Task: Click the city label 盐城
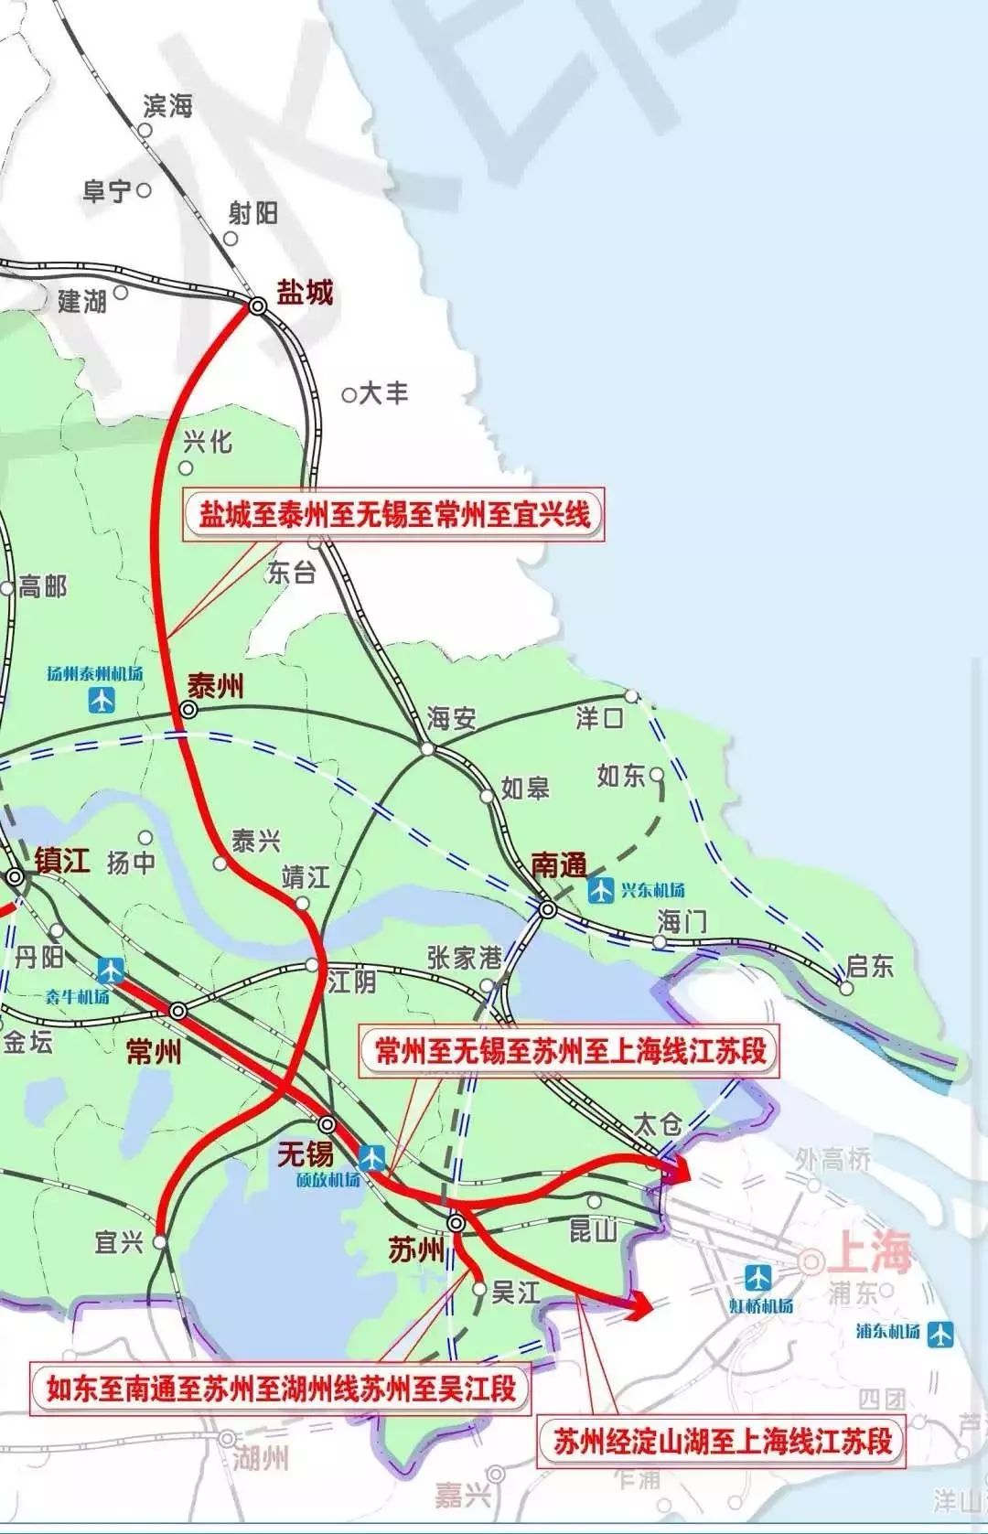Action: point(305,293)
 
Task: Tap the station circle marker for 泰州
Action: point(189,709)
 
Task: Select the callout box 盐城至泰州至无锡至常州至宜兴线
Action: point(395,515)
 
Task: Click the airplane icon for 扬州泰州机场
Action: point(102,700)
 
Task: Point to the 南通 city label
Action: point(558,864)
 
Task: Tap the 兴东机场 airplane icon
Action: point(601,889)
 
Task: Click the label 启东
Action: point(869,966)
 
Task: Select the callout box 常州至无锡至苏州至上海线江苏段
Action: point(570,1050)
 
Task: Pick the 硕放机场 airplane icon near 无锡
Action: point(372,1157)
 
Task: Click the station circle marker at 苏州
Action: point(456,1223)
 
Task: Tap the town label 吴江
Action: point(516,1292)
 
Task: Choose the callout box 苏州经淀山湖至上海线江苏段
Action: point(722,1443)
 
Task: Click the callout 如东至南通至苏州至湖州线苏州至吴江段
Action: point(281,1389)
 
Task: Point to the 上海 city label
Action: point(869,1253)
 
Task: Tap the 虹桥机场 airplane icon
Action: point(757,1278)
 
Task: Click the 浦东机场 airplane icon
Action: point(940,1334)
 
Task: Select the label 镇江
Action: point(62,861)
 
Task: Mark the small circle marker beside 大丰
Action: point(349,395)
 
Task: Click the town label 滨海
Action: point(168,106)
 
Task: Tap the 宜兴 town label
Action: point(119,1242)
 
